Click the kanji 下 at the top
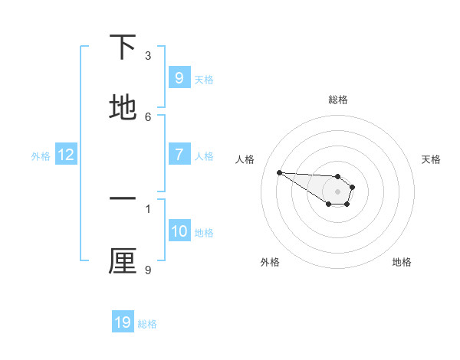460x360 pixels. pyautogui.click(x=123, y=48)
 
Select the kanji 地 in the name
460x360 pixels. pyautogui.click(x=123, y=108)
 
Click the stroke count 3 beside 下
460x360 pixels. pyautogui.click(x=148, y=56)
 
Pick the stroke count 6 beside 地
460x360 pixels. pyautogui.click(x=148, y=116)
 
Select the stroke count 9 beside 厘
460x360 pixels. pyautogui.click(x=148, y=270)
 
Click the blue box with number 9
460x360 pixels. pyautogui.click(x=179, y=78)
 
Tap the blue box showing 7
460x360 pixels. pyautogui.click(x=179, y=155)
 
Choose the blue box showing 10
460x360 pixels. pyautogui.click(x=179, y=231)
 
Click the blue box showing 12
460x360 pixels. pyautogui.click(x=66, y=155)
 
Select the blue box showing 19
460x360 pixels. pyautogui.click(x=123, y=322)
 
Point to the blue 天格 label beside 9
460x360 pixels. pyautogui.click(x=204, y=80)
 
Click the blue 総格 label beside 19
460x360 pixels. pyautogui.click(x=147, y=324)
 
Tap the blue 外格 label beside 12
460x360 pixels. pyautogui.click(x=41, y=156)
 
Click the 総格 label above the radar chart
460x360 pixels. pyautogui.click(x=338, y=100)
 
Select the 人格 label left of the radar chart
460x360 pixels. pyautogui.click(x=245, y=159)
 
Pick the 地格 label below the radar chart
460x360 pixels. pyautogui.click(x=402, y=262)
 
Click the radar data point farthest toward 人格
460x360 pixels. pyautogui.click(x=279, y=172)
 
